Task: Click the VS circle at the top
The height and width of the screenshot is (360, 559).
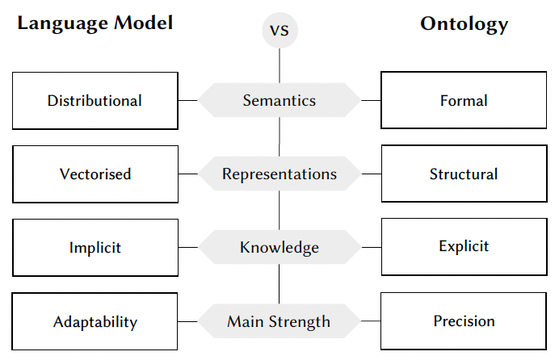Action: [279, 31]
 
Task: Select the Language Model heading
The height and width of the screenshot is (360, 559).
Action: [95, 23]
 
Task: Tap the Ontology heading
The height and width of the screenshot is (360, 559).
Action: [464, 23]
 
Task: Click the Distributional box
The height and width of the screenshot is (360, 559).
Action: [95, 101]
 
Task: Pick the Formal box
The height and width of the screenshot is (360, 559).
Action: [464, 101]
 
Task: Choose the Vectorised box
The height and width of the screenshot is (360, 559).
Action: [95, 174]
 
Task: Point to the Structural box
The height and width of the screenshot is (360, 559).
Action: [464, 174]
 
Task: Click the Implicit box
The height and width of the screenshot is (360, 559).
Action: [95, 248]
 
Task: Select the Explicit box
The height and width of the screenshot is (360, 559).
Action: [464, 246]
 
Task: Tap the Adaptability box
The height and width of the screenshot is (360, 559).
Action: [95, 322]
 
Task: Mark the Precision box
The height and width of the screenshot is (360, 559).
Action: [464, 320]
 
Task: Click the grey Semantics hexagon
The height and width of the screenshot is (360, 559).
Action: [279, 100]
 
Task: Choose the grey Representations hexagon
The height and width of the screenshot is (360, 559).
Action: [279, 174]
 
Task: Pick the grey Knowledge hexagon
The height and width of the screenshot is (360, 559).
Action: [279, 247]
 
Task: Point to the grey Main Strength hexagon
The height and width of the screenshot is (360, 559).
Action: [279, 321]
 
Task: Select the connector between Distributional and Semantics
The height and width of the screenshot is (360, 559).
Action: [188, 101]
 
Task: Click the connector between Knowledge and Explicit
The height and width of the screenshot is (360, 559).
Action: [371, 248]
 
